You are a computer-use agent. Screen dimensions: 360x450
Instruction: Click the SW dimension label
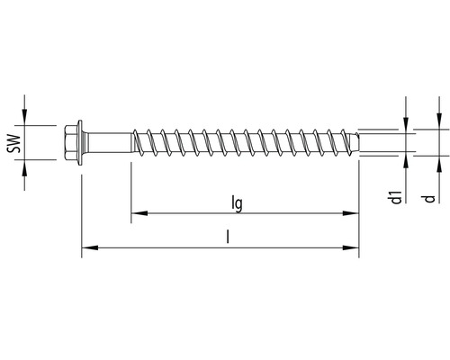(x=13, y=142)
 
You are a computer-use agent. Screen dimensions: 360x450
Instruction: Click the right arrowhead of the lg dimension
(x=354, y=214)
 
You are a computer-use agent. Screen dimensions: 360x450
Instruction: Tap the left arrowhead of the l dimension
(x=85, y=247)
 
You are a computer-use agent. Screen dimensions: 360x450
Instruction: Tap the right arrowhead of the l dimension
(x=354, y=247)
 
